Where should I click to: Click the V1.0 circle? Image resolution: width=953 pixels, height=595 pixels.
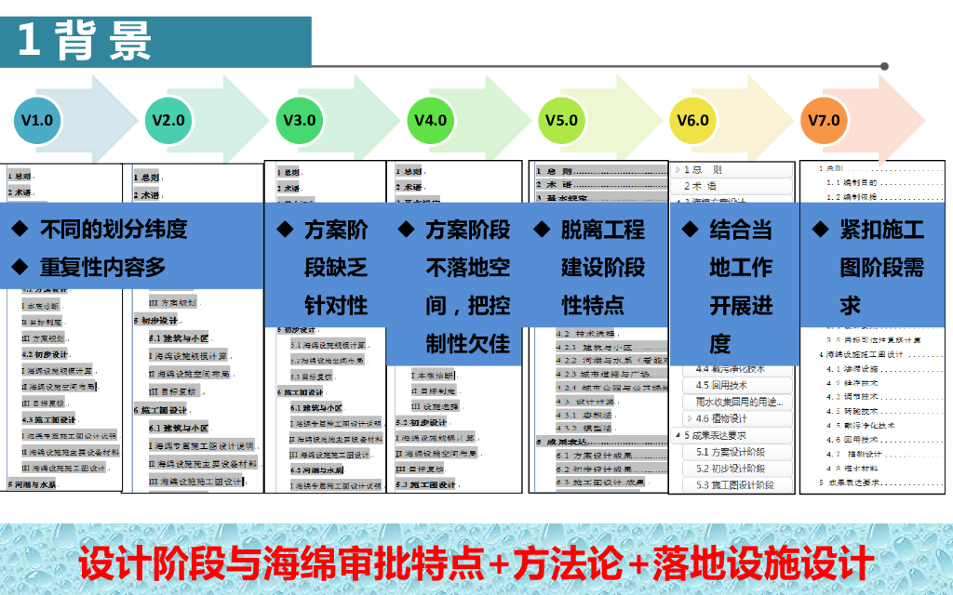pyautogui.click(x=37, y=121)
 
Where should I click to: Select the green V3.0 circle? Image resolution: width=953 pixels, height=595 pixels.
pyautogui.click(x=299, y=121)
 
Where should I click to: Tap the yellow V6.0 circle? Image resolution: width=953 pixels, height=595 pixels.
pyautogui.click(x=692, y=121)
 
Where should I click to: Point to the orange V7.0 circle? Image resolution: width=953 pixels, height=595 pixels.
pyautogui.click(x=824, y=121)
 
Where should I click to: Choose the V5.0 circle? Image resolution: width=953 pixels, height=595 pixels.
pyautogui.click(x=561, y=121)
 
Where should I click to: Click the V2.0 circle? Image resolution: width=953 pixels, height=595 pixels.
pyautogui.click(x=168, y=121)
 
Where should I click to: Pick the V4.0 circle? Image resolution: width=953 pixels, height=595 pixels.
pyautogui.click(x=430, y=121)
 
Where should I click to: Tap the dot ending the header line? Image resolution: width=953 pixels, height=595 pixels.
pyautogui.click(x=884, y=66)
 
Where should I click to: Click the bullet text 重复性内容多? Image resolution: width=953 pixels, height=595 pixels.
pyautogui.click(x=101, y=268)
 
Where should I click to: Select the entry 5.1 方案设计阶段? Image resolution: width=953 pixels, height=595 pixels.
pyautogui.click(x=730, y=452)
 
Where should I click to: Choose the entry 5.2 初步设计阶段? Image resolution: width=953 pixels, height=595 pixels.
pyautogui.click(x=730, y=469)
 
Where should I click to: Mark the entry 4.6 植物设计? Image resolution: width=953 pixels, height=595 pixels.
pyautogui.click(x=721, y=418)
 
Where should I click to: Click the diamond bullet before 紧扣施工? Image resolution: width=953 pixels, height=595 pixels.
pyautogui.click(x=820, y=229)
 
